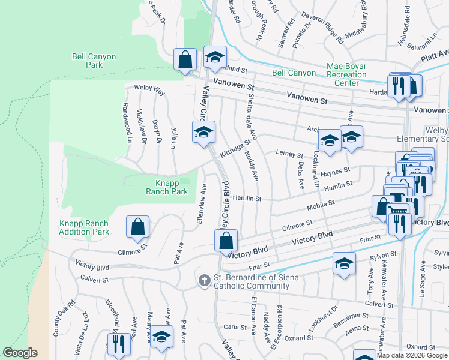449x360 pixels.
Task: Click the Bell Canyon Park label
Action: coord(94,61)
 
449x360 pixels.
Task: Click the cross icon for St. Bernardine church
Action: coord(204,280)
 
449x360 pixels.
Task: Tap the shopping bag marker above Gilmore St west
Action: coord(137,227)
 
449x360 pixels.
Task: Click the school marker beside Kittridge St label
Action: coord(203,132)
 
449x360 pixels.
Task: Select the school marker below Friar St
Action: coord(343,264)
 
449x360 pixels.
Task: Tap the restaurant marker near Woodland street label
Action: coord(118,344)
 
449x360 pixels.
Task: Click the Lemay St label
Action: coord(289,154)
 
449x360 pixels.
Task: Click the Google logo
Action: coord(20,353)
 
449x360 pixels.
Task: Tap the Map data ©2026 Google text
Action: coord(411,355)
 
